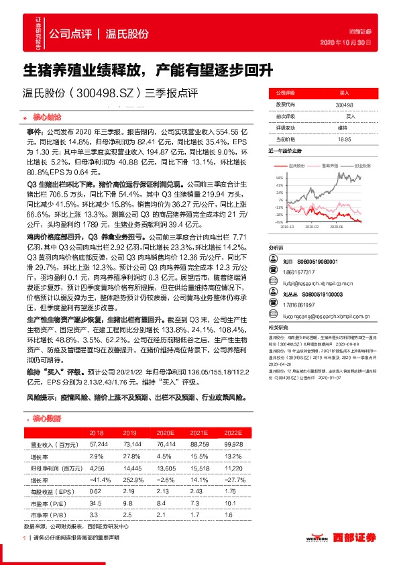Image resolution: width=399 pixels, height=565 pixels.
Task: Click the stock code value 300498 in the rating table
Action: coord(344,105)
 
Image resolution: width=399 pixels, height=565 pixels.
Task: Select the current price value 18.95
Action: coord(344,139)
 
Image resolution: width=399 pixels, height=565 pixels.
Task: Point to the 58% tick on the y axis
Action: coord(279,177)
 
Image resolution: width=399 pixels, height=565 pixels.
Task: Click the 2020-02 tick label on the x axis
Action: coord(312,227)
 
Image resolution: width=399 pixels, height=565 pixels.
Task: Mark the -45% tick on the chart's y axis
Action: coord(278,221)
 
